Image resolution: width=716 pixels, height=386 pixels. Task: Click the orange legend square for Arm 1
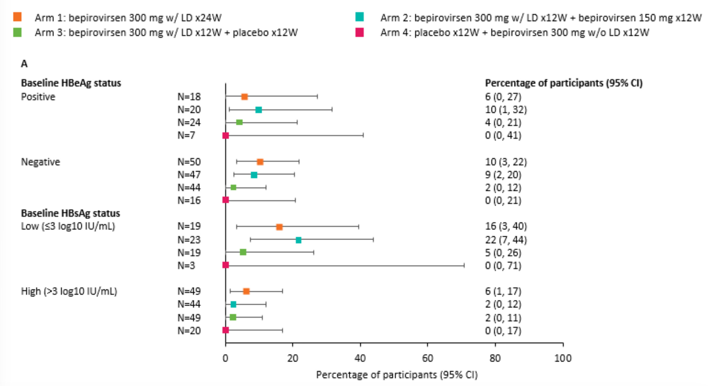[18, 17]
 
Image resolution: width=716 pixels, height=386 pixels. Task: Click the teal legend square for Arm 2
[359, 17]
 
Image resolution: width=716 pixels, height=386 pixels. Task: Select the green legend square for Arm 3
[18, 32]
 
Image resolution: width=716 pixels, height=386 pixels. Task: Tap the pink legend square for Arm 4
[359, 32]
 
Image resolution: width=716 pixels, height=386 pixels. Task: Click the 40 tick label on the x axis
[360, 358]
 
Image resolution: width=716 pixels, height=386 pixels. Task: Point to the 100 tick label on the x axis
[563, 358]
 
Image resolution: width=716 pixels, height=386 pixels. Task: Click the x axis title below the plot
[397, 375]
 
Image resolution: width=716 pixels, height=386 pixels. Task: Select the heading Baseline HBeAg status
[71, 83]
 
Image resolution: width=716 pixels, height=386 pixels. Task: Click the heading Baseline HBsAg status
[70, 213]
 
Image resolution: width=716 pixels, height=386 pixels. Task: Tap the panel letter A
[24, 64]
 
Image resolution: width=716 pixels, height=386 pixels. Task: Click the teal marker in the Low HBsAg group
[298, 240]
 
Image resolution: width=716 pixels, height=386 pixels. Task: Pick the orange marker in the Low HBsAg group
[279, 227]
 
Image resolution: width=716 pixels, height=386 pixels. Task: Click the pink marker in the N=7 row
[226, 135]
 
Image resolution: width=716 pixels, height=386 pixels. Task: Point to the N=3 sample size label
[186, 266]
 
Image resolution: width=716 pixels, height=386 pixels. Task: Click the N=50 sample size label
[189, 162]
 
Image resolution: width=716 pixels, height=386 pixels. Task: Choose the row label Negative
[41, 162]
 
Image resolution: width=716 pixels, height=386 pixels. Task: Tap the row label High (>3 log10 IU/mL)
[69, 291]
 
